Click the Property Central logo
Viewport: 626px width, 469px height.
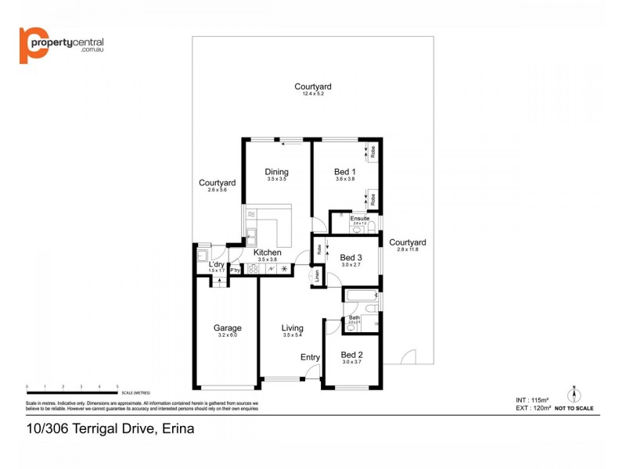click(x=61, y=45)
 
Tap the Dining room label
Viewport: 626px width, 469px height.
click(x=276, y=172)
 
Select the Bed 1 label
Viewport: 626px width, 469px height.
click(x=345, y=172)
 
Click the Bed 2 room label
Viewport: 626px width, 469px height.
click(x=351, y=354)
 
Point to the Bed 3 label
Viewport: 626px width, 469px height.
click(x=351, y=258)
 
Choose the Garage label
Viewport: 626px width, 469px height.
click(x=228, y=328)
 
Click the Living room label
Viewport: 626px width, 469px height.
click(x=293, y=328)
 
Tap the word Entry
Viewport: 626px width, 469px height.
click(x=311, y=357)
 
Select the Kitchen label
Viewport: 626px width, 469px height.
click(x=267, y=252)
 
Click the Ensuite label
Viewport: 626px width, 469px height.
click(x=360, y=218)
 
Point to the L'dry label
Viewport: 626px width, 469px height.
click(x=216, y=264)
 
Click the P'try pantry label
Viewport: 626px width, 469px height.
click(x=234, y=270)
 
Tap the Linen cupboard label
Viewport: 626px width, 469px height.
click(x=318, y=275)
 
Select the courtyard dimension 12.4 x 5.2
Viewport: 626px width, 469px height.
click(x=313, y=94)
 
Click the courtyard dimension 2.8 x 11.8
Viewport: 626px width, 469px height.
click(x=408, y=249)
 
